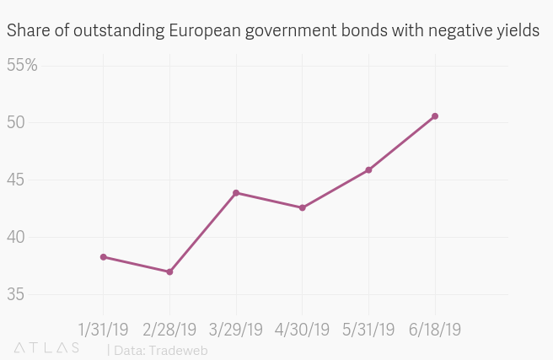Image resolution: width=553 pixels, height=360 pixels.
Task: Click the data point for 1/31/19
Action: (104, 257)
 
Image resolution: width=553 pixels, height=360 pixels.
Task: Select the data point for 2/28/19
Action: (169, 271)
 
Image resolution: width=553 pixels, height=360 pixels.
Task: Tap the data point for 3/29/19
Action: (236, 193)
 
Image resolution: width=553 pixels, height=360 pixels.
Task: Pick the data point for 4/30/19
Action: (302, 207)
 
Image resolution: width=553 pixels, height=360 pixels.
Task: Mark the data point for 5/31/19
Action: (368, 170)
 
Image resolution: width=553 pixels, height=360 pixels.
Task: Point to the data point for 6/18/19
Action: (435, 116)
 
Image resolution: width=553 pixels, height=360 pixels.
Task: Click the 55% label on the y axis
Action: (23, 66)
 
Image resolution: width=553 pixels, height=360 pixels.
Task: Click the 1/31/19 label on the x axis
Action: (104, 329)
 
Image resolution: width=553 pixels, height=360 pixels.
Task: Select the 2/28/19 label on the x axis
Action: (169, 329)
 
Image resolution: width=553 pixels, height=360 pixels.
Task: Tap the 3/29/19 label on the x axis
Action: (236, 329)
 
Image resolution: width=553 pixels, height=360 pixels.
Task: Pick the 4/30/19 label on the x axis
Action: (302, 329)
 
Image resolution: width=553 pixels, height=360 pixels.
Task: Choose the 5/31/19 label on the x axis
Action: (368, 329)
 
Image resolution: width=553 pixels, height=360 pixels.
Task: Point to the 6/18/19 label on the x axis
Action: (435, 329)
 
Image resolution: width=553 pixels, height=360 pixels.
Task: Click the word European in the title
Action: (201, 31)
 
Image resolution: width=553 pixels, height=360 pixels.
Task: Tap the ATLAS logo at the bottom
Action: (47, 348)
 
